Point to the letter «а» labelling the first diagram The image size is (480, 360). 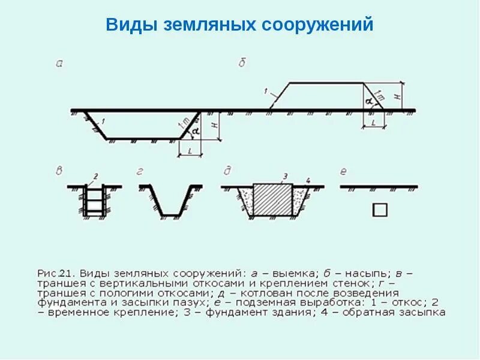59,62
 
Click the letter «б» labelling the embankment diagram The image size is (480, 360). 242,62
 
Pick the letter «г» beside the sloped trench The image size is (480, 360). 140,172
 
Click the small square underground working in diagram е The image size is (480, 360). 380,209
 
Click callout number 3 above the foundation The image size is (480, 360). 285,176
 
